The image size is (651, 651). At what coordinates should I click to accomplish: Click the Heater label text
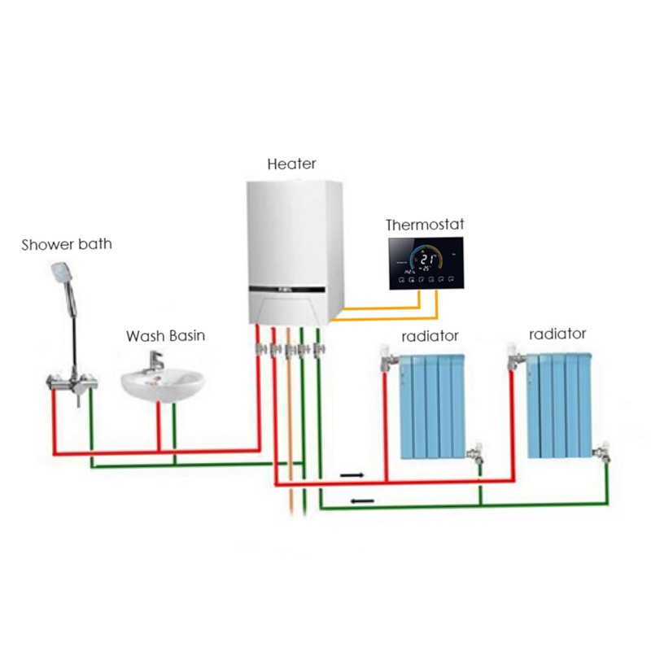click(291, 164)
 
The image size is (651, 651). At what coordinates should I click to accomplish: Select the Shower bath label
click(67, 243)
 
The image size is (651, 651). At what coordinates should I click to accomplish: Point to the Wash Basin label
click(166, 335)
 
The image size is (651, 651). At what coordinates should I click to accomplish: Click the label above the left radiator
click(430, 335)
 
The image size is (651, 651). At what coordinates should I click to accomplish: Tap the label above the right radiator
click(557, 334)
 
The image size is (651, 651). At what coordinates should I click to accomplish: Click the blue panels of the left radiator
click(430, 404)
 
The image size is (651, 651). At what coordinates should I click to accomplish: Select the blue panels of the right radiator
click(558, 404)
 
